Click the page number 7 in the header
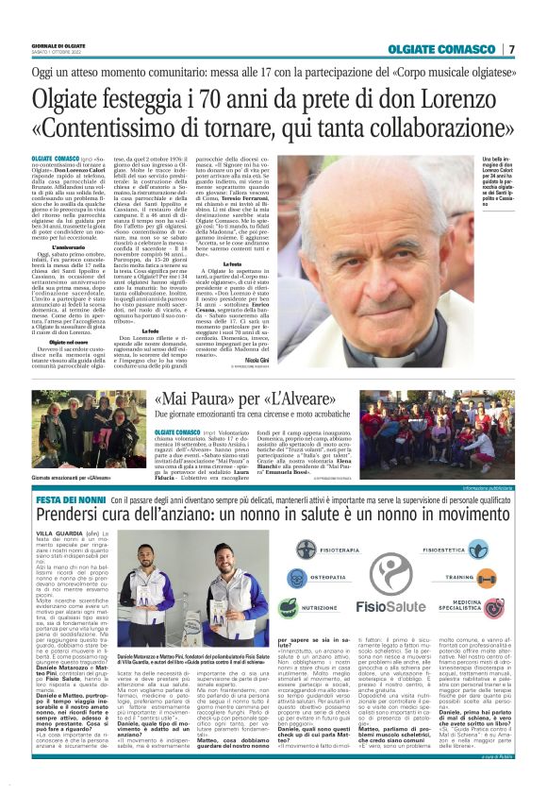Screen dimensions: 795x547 [511, 49]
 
